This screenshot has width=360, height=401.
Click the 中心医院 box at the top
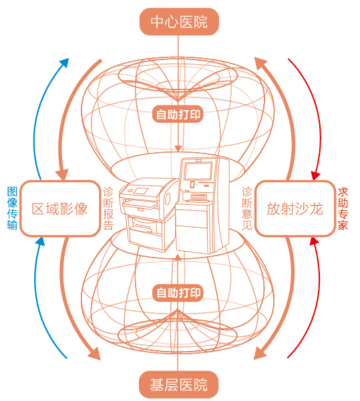pos(179,22)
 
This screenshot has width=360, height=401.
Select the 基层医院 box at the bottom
pos(178,384)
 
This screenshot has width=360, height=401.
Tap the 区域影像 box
pos(60,209)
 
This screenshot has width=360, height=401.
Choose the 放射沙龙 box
pos(295,209)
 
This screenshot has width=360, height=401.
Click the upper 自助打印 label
pos(178,114)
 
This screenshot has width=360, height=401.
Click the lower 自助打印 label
pos(178,292)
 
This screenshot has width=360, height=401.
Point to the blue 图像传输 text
pos(12,208)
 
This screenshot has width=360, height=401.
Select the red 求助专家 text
pos(343,209)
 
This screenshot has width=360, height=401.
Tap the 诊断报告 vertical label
pos(108,208)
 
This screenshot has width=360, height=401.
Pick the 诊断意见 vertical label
pos(247,208)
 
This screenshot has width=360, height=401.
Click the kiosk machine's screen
pos(198,171)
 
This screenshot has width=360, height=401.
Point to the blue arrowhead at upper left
pos(65,62)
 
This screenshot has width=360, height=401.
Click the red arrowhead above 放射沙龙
pos(315,175)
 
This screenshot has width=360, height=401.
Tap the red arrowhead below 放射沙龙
pos(315,241)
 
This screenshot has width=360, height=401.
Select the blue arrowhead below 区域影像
pos(40,241)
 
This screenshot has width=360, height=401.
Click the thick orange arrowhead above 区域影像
pos(63,174)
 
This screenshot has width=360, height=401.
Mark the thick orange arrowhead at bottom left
pos(94,354)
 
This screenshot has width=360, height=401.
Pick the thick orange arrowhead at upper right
pos(260,63)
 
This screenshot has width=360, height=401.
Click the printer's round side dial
pos(168,198)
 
